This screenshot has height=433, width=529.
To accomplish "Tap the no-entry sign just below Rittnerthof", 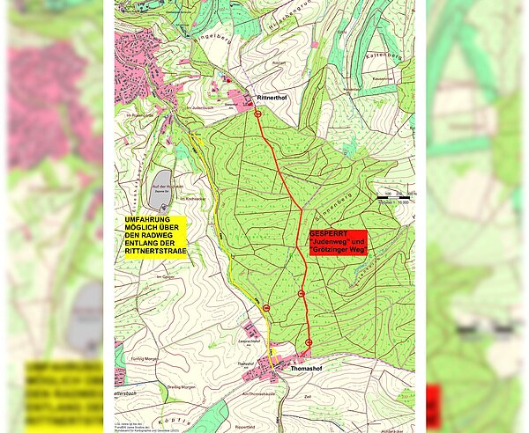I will point(258,114).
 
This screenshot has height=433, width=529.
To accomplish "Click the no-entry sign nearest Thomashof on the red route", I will point(309,341).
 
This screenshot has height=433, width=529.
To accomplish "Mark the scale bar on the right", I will point(393,198).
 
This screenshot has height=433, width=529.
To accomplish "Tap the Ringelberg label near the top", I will point(217,39).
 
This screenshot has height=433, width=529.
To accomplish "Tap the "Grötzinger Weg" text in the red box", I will point(339,250).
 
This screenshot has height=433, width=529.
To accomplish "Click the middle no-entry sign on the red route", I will point(302,293).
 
